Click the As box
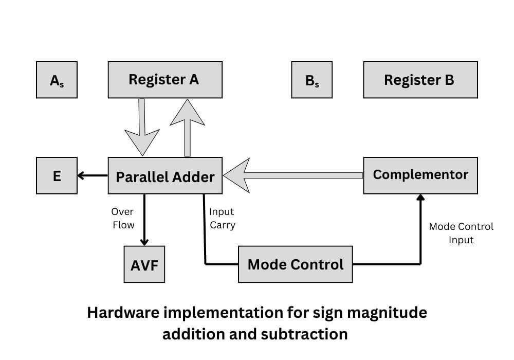(x=57, y=80)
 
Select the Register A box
(x=164, y=80)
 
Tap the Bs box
(x=311, y=80)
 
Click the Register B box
(x=420, y=80)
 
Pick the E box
(x=57, y=176)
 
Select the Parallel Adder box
(x=164, y=176)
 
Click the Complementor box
(x=420, y=175)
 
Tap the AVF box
(x=144, y=264)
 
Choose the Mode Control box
(x=295, y=264)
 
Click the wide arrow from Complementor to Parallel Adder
(x=293, y=175)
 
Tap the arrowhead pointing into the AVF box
(x=144, y=242)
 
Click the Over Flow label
(x=123, y=218)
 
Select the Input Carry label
(x=222, y=218)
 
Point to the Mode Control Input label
(x=461, y=233)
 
